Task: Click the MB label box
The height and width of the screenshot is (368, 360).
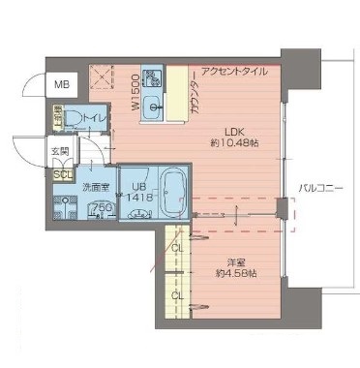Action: coord(60,84)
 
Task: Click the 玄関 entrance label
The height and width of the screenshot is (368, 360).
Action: coord(60,152)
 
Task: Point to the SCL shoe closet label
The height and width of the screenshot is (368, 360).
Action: coord(61,174)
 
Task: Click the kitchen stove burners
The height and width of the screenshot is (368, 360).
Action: coord(152,78)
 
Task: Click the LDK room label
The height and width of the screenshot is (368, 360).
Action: coord(237,134)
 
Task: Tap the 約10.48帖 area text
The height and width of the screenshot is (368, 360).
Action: coord(237,147)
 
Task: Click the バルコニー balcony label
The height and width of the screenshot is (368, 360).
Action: coord(320,188)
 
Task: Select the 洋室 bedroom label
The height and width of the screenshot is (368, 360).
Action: coord(235,261)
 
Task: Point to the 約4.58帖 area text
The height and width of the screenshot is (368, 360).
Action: coord(235,274)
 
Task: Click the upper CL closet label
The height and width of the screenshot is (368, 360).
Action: coord(176,248)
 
